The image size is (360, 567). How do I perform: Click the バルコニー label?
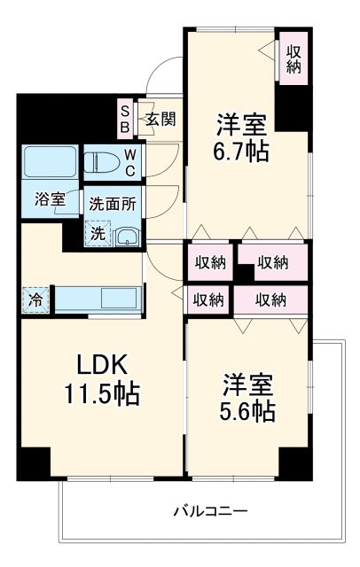(209, 511)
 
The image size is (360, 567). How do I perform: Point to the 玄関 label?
(160, 118)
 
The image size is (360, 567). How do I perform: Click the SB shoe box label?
(125, 119)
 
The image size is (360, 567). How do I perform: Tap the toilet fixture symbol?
(101, 161)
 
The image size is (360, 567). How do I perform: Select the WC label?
(129, 162)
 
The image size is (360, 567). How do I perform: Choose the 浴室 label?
(51, 199)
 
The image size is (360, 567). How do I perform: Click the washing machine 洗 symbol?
(97, 234)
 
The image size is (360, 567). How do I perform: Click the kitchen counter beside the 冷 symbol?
(98, 299)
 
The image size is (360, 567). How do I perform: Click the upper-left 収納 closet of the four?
(210, 262)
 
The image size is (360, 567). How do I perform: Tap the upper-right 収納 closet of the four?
(272, 262)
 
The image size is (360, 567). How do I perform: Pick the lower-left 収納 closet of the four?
(208, 299)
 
